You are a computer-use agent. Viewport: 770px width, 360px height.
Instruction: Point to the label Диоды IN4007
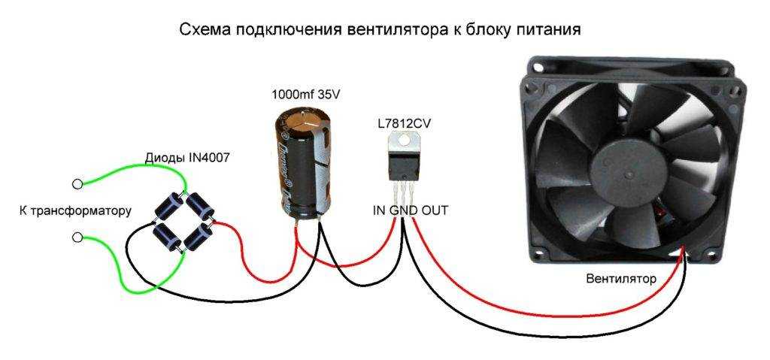(187, 159)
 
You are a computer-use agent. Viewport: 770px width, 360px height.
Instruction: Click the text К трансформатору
(75, 211)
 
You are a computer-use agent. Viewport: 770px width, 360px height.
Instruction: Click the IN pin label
(380, 211)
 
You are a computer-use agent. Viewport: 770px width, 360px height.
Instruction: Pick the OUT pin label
(434, 211)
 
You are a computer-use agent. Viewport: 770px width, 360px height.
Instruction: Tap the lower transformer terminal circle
(77, 237)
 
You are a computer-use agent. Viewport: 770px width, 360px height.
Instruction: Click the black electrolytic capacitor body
(300, 162)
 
